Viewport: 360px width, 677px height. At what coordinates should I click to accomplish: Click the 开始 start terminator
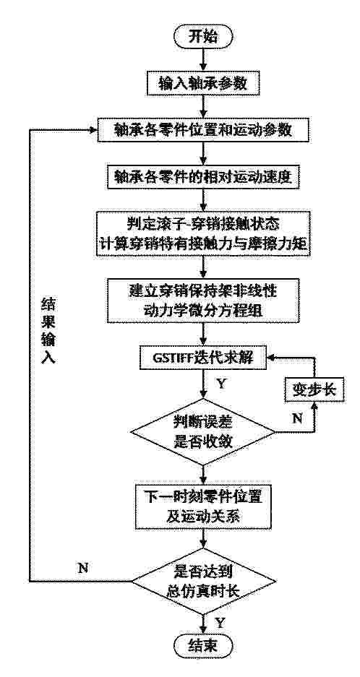point(204,37)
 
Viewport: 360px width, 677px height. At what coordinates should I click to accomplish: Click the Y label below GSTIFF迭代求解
point(221,384)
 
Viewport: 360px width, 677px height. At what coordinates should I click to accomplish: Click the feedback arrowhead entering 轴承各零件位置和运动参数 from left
point(94,130)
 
